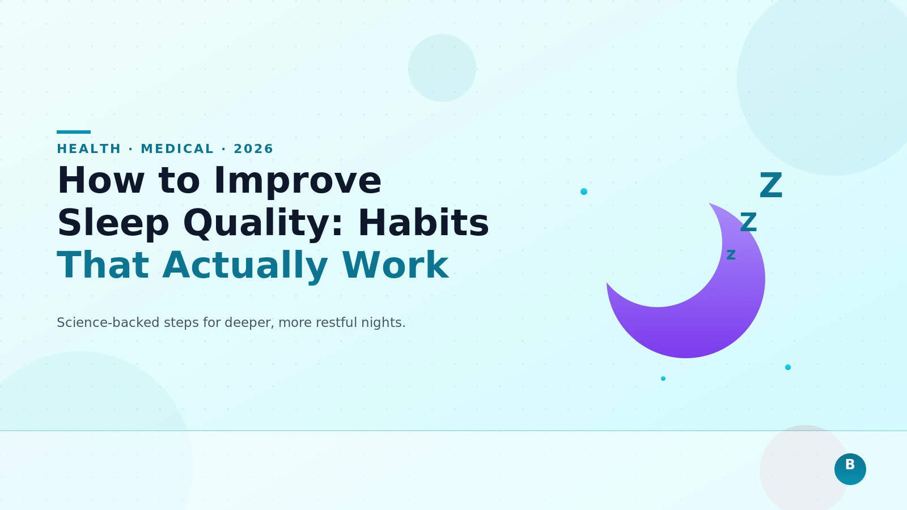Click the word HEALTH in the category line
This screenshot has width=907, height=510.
(x=89, y=149)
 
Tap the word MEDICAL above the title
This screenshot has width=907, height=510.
(x=177, y=149)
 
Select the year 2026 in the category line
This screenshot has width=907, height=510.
(x=253, y=149)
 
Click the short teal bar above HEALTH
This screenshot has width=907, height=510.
(x=74, y=132)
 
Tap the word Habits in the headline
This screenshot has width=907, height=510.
(x=423, y=223)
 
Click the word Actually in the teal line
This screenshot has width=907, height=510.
(x=245, y=265)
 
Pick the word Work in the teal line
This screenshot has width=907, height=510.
(x=395, y=265)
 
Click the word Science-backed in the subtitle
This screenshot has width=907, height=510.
(x=108, y=322)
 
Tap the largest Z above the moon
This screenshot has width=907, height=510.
(x=771, y=186)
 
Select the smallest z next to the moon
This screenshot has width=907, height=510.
(x=731, y=255)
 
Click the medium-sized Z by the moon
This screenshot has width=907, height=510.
(x=748, y=223)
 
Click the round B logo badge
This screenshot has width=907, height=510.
(x=850, y=469)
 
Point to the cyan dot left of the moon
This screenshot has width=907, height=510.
(x=584, y=192)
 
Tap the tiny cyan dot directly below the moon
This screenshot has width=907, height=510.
(x=663, y=379)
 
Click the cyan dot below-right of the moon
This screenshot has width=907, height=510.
(x=788, y=367)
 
